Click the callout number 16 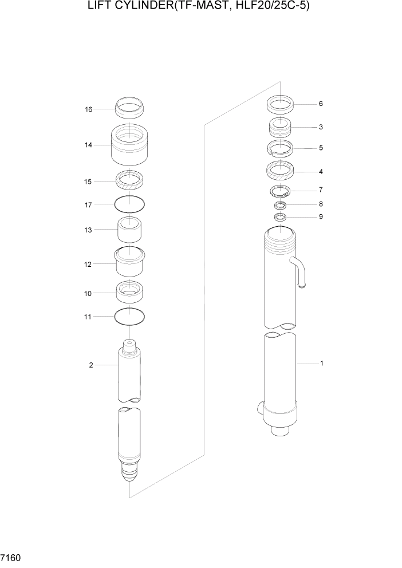point(89,109)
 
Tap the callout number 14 point(89,145)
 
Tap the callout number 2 point(91,365)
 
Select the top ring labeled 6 point(281,105)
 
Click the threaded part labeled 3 point(281,127)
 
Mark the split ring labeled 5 point(281,148)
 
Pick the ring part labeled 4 point(281,171)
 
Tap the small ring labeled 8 point(280,204)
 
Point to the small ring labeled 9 point(280,217)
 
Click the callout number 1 point(322,364)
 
